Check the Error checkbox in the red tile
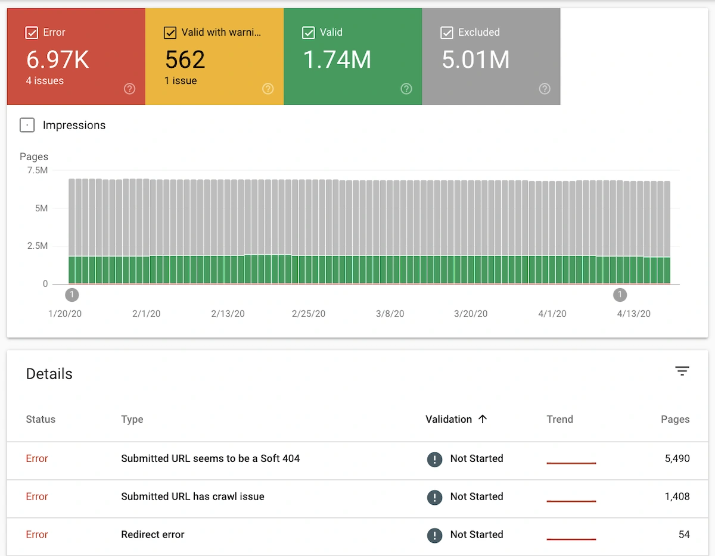[32, 33]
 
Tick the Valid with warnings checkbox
[170, 33]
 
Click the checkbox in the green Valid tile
[308, 33]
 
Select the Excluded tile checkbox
[446, 33]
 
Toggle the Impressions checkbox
[27, 125]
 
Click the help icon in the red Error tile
[129, 89]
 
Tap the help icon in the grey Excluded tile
[544, 89]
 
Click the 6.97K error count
[57, 60]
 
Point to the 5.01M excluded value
[475, 60]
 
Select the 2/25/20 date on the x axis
[309, 314]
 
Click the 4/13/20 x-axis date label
[633, 314]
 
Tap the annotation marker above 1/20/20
[72, 295]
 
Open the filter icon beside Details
[682, 371]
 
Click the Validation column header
[449, 419]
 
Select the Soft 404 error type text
[210, 458]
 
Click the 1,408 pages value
[677, 496]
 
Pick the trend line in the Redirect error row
[571, 539]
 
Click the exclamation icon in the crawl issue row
[435, 497]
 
